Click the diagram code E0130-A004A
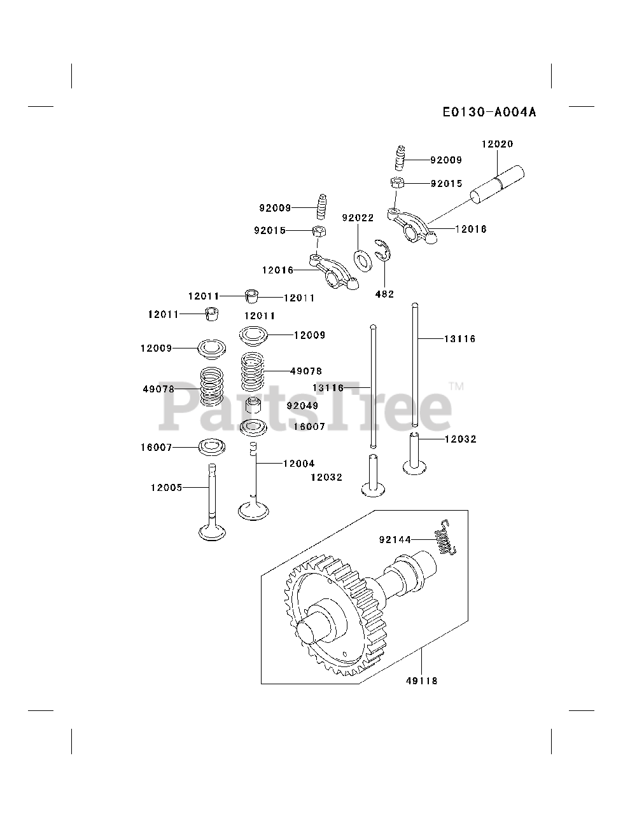pos(489,113)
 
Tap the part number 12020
pos(496,144)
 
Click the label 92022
pos(357,217)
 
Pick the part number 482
pos(384,294)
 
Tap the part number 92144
pos(395,540)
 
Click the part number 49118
pos(421,680)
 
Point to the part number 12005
pos(166,488)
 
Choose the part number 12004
pos(298,464)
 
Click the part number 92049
pos(302,406)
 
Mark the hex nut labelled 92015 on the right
pos(395,183)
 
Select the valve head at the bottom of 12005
pos(213,531)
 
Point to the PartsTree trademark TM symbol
pos(456,386)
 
